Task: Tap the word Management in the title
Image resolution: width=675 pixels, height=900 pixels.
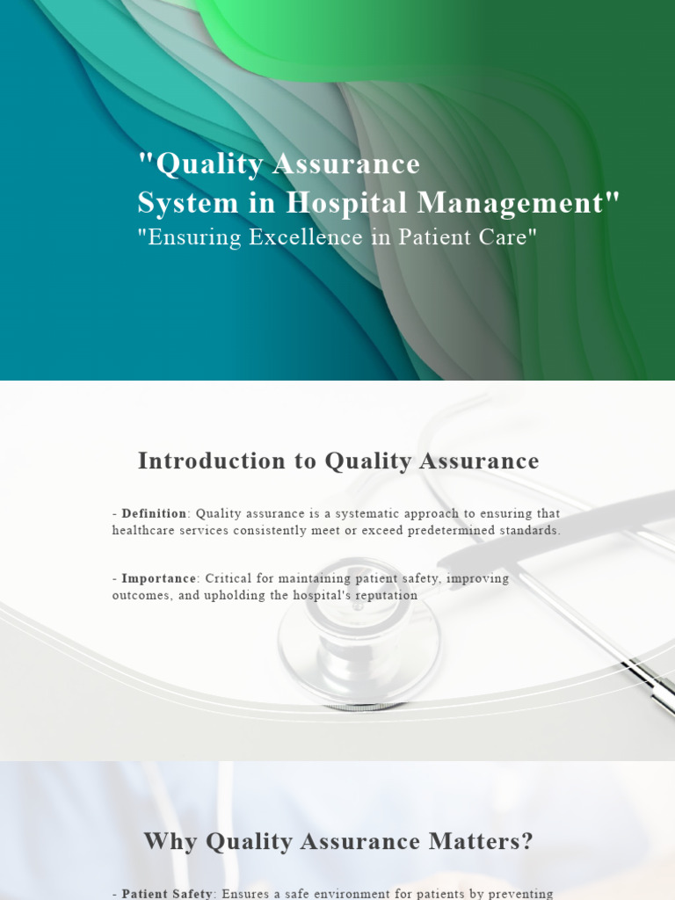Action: (x=518, y=203)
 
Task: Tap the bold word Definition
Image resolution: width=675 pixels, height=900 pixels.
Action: (x=154, y=513)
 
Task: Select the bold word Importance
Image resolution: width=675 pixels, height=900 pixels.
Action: (x=158, y=579)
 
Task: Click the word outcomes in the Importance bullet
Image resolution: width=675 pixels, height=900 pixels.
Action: (x=141, y=596)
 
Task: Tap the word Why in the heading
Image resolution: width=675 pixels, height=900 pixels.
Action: (x=171, y=841)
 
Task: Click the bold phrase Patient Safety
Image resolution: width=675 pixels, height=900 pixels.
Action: (x=167, y=893)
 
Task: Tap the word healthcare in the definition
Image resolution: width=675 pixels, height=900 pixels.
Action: (x=144, y=531)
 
